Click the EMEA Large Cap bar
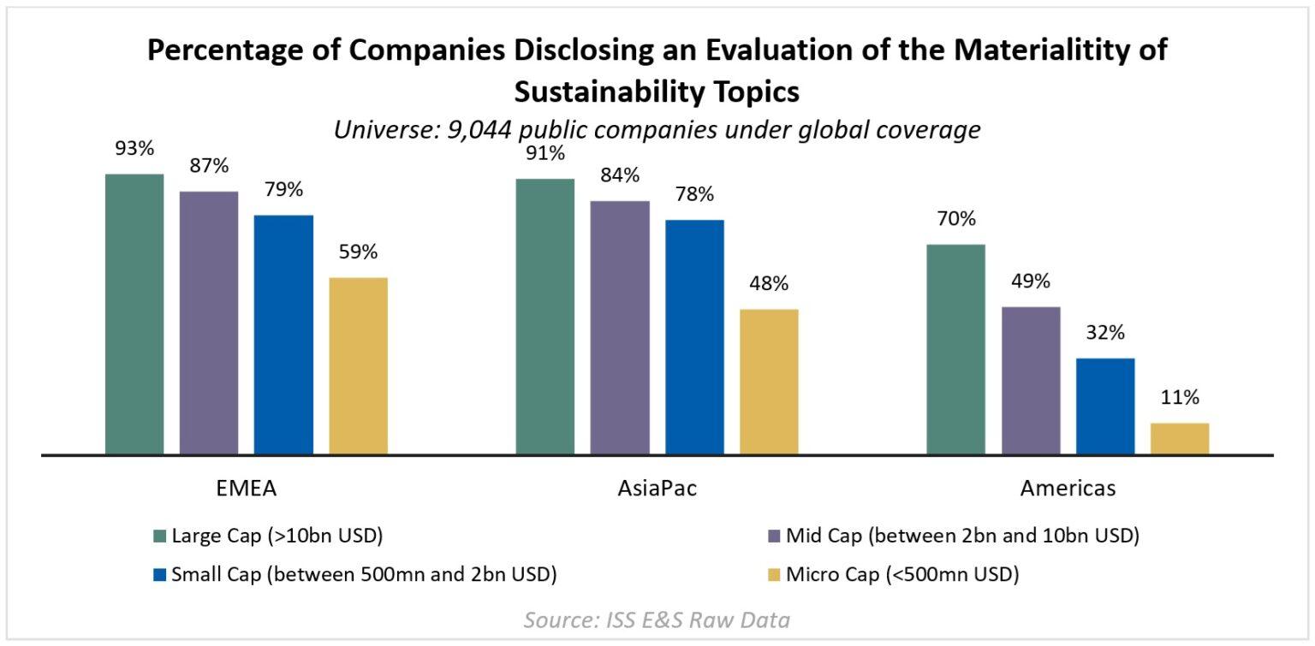click(134, 313)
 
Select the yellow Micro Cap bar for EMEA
click(358, 365)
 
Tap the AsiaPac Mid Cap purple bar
click(620, 327)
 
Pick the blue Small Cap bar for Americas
click(1105, 406)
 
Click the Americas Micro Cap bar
click(1180, 438)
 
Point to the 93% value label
click(134, 149)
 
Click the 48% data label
click(769, 284)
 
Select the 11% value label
click(1180, 398)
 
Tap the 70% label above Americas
click(955, 219)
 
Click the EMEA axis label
click(247, 489)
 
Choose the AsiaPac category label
click(657, 489)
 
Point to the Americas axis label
click(1068, 489)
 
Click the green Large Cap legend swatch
click(160, 537)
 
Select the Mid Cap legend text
click(956, 537)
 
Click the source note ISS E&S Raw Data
click(657, 619)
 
